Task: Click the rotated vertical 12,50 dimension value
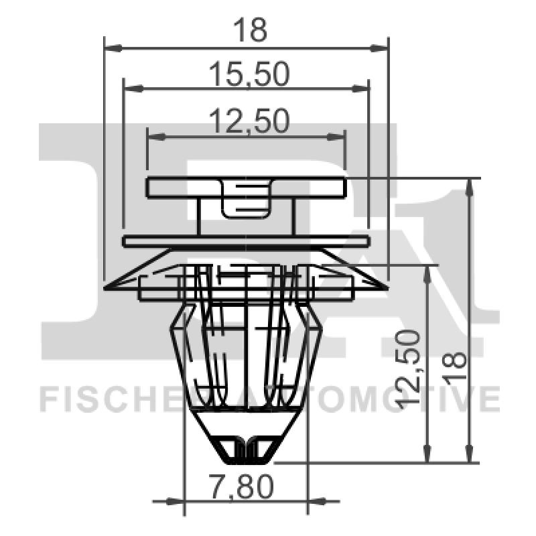point(407,368)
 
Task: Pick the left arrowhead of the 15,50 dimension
point(132,87)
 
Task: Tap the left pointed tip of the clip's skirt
point(109,286)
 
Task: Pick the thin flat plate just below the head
point(246,241)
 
